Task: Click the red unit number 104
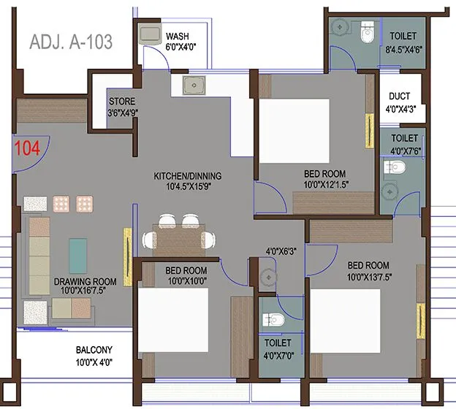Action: [27, 147]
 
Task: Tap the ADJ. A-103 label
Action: [70, 42]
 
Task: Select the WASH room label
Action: [178, 36]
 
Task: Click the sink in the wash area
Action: [152, 34]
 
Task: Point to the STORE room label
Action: [121, 102]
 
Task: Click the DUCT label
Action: [400, 96]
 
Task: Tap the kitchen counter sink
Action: [194, 85]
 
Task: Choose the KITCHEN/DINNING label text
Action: [187, 176]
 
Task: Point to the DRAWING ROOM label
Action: [85, 281]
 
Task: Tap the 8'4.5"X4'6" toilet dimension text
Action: [404, 49]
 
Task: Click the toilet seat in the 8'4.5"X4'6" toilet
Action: [368, 31]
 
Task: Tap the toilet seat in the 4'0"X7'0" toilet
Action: [272, 319]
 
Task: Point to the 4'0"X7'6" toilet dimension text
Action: [404, 151]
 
